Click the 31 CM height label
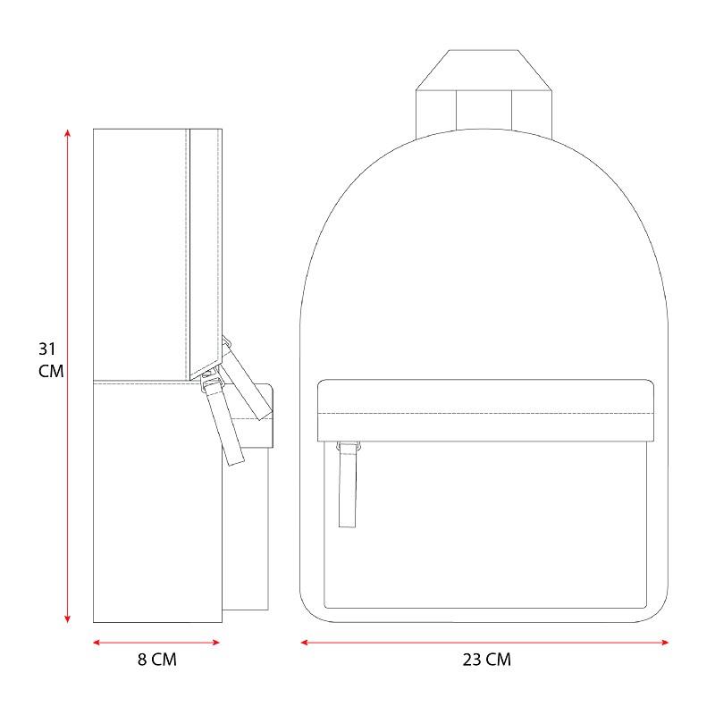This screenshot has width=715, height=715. pos(51,360)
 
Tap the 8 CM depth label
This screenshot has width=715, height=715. pos(157,660)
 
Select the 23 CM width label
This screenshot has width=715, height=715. pos(486,660)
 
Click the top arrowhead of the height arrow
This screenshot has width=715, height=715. pos(68,133)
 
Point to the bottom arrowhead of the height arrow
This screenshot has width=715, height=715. pos(68,618)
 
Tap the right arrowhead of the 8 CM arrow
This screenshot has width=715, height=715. pos(216,643)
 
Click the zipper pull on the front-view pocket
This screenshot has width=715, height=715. pos(348,484)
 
